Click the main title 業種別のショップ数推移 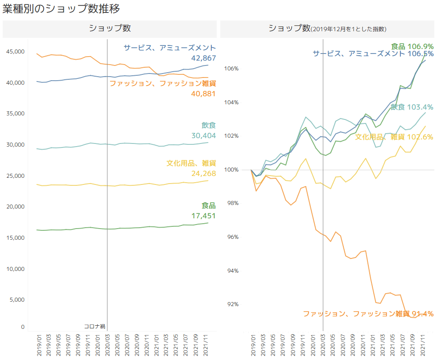(61, 8)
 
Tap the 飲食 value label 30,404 (204, 136)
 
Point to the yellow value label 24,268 (204, 173)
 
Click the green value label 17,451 (204, 216)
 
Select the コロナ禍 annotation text (95, 327)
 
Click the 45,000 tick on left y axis (15, 52)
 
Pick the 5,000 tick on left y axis (16, 300)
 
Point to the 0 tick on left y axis (23, 327)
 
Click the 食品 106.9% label (412, 46)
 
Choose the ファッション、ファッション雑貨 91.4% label (368, 314)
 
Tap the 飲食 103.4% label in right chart (412, 107)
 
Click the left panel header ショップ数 (110, 28)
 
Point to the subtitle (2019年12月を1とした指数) (348, 29)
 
